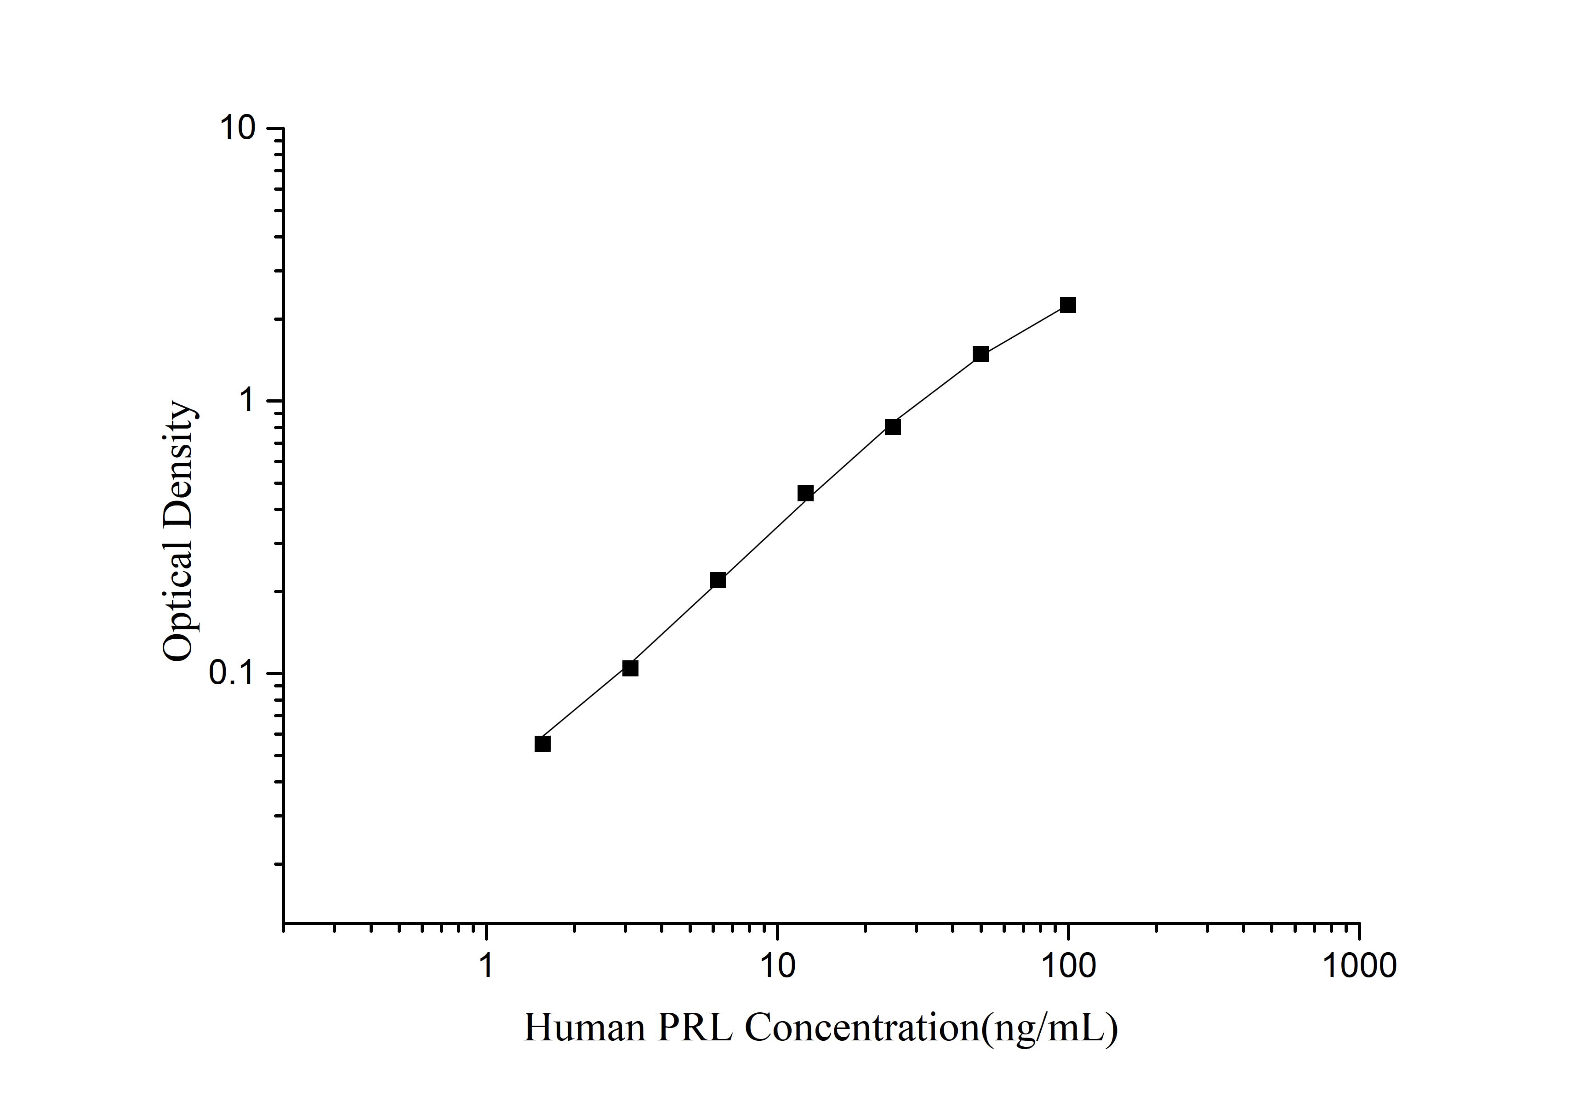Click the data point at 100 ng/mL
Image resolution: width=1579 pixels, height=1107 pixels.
1067,305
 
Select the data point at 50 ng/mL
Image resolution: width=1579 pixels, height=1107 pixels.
980,354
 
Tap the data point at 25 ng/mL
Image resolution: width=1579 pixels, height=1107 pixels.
893,427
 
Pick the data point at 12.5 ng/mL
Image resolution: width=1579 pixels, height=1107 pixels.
805,493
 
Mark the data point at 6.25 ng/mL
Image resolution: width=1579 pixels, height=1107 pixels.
717,580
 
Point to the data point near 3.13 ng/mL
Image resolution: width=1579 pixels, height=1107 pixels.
630,668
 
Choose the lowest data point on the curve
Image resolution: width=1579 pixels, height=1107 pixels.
542,744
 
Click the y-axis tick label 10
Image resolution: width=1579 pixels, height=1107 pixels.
237,128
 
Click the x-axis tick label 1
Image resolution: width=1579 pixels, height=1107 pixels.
486,966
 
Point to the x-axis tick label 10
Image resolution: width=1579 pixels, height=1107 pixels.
777,966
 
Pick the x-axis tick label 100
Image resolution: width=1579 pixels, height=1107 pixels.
1068,966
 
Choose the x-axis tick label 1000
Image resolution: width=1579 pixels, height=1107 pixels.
1359,966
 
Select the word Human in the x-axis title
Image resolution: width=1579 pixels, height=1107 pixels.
584,1028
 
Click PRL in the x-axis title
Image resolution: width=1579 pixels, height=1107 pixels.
695,1028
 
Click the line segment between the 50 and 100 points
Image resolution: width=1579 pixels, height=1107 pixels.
1024,329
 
